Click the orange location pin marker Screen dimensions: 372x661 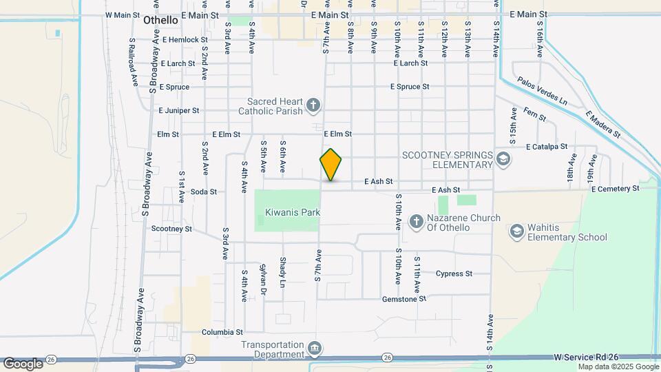(x=331, y=165)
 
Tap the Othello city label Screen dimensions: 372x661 (x=160, y=21)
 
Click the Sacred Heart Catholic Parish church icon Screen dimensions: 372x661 (x=313, y=105)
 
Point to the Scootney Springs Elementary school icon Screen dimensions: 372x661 (x=504, y=160)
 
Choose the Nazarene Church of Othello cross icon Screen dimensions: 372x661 (x=416, y=221)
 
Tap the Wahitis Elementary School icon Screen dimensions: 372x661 (x=517, y=231)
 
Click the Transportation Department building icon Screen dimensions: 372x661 (x=315, y=347)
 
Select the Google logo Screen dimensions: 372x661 (x=23, y=363)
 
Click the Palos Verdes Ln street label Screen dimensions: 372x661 (x=543, y=91)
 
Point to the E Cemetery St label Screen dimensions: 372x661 (x=614, y=188)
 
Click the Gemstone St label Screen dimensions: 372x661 (x=405, y=299)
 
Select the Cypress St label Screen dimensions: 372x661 (x=454, y=273)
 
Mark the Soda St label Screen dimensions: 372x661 (x=203, y=192)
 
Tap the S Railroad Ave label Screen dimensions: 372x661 (x=133, y=61)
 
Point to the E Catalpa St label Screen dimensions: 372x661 (x=546, y=147)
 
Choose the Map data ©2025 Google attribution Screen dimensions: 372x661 (x=618, y=366)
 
